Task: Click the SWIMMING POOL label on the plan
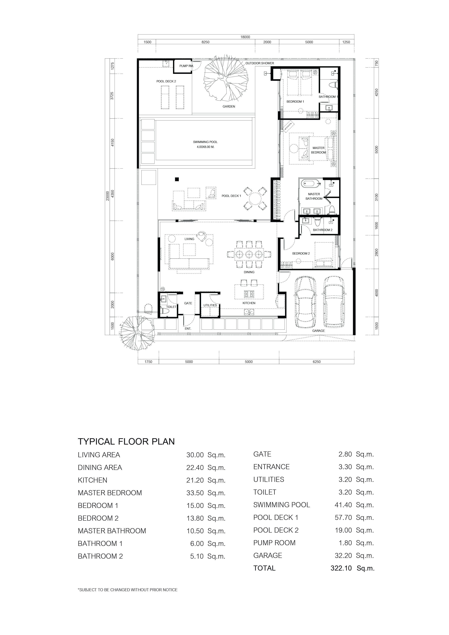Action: pyautogui.click(x=205, y=142)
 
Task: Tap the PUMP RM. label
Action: pyautogui.click(x=186, y=66)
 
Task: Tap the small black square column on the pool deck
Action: pyautogui.click(x=177, y=179)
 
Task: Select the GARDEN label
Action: pyautogui.click(x=229, y=106)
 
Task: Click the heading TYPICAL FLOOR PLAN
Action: pyautogui.click(x=126, y=441)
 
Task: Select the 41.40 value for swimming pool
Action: pyautogui.click(x=343, y=505)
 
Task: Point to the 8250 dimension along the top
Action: pyautogui.click(x=205, y=42)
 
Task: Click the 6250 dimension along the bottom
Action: pyautogui.click(x=317, y=361)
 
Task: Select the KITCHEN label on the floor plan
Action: pyautogui.click(x=249, y=303)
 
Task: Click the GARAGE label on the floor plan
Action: pyautogui.click(x=319, y=331)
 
